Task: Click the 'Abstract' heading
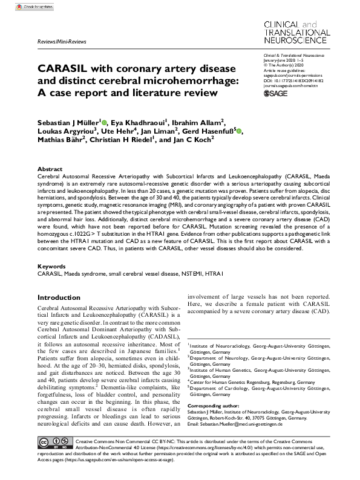coord(50,170)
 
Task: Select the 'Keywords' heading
coord(51,266)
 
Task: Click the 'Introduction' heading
coord(63,298)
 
